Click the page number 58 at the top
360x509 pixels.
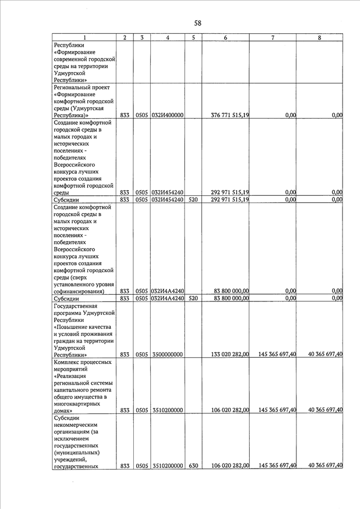point(197,23)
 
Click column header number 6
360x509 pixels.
point(225,37)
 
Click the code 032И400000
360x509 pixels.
point(168,115)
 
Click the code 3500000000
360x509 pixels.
point(167,354)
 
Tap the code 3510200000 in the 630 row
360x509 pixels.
point(167,466)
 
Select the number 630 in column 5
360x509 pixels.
point(193,466)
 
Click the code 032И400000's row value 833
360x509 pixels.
point(125,115)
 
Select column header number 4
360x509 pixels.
point(168,37)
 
